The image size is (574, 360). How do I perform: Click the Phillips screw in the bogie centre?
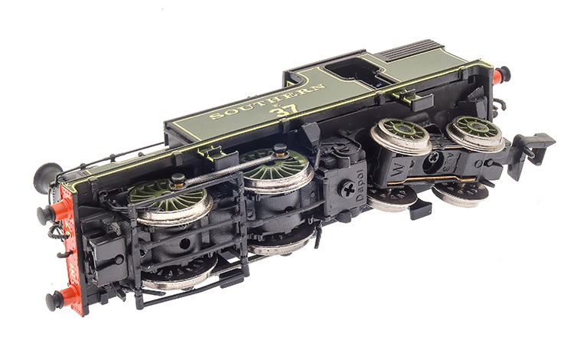(434, 156)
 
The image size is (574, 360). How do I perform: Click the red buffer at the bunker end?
(501, 75)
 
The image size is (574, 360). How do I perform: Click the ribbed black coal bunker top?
(424, 51)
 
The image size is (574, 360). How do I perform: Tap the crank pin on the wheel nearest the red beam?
(178, 181)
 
